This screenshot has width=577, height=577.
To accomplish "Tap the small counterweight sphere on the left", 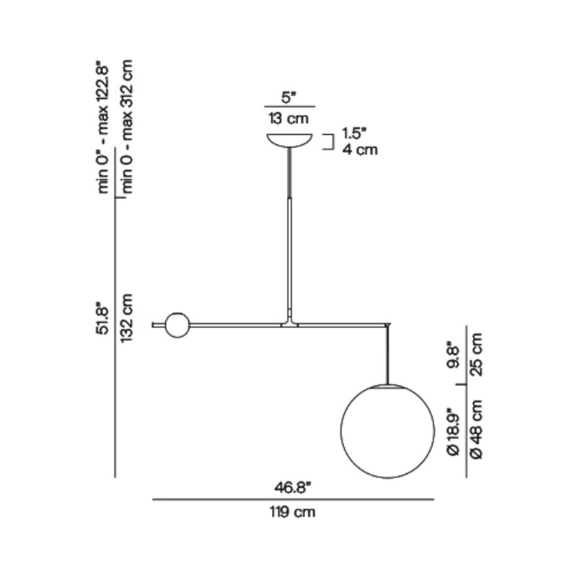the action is (177, 325).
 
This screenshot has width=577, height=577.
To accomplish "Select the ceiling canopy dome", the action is (290, 141).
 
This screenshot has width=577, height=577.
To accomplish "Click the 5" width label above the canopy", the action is (289, 98).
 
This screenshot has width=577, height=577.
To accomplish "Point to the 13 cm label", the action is (288, 118).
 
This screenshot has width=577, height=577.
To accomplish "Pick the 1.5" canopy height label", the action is (354, 133).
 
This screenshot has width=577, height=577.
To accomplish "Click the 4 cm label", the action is (360, 150).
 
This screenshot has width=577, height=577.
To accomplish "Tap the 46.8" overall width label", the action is (293, 488).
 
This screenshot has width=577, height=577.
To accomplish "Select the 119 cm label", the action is (293, 512).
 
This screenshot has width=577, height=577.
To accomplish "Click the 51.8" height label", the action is (103, 318).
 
